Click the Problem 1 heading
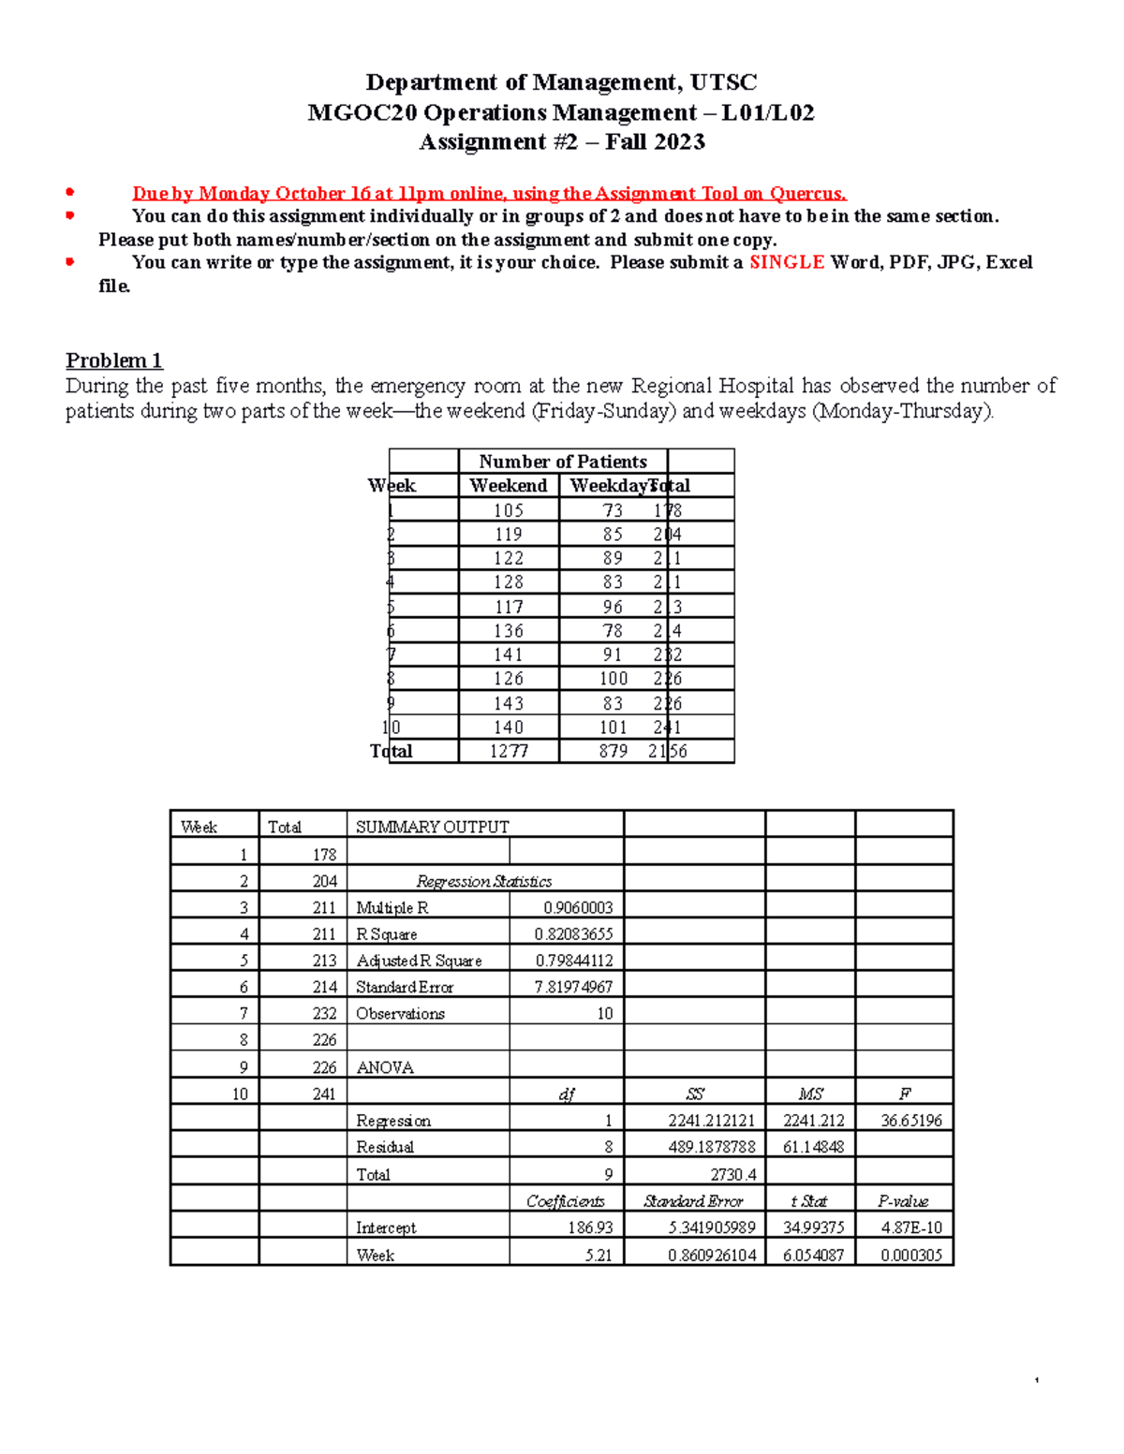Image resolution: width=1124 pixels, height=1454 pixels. click(x=113, y=360)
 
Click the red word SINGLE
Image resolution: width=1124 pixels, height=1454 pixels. click(x=786, y=262)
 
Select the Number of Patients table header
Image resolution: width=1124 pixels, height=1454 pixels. click(x=562, y=462)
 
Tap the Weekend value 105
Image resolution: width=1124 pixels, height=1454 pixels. click(x=509, y=510)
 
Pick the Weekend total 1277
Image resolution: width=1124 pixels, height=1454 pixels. click(x=509, y=751)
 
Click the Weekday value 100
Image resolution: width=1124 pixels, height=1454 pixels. click(x=613, y=679)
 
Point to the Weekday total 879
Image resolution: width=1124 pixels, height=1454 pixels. click(x=613, y=751)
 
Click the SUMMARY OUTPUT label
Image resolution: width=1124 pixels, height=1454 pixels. click(x=432, y=827)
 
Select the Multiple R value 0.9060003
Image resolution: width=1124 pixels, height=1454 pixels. click(x=577, y=907)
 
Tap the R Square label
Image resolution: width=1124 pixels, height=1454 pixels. click(x=386, y=934)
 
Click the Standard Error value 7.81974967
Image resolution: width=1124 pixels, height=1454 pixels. click(x=573, y=987)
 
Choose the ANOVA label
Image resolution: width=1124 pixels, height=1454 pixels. click(x=384, y=1067)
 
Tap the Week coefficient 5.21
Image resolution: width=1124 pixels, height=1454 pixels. click(x=598, y=1255)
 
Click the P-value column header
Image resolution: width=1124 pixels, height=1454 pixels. click(x=903, y=1201)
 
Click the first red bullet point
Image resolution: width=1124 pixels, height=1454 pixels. click(x=69, y=192)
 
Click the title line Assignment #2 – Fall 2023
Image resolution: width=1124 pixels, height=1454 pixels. click(x=561, y=142)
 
